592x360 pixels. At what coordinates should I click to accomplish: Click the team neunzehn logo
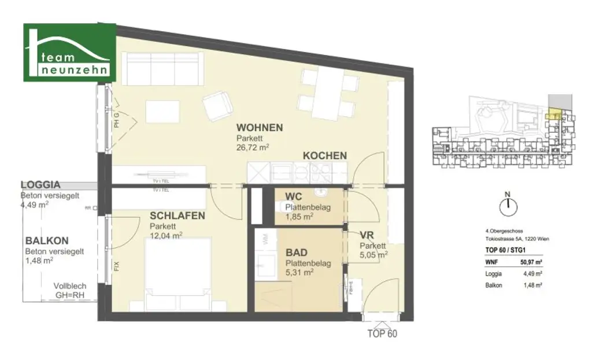click(x=69, y=53)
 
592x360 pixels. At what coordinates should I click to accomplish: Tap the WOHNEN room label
click(x=259, y=128)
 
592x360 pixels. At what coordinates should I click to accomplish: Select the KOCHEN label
click(x=325, y=155)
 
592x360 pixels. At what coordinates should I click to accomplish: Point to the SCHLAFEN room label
click(x=177, y=216)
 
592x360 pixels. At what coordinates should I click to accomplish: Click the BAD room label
click(x=297, y=253)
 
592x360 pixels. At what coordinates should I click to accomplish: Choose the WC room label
click(x=293, y=197)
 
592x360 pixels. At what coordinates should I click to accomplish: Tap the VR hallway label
click(x=366, y=236)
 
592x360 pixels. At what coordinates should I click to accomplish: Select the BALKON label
click(x=47, y=241)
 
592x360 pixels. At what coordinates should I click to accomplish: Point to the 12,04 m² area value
click(x=166, y=235)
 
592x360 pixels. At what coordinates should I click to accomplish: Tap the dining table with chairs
click(x=327, y=95)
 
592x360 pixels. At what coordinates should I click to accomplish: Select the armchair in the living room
click(x=219, y=107)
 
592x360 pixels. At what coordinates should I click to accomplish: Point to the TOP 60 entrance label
click(x=382, y=333)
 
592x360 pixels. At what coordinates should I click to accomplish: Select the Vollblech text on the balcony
click(x=71, y=285)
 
